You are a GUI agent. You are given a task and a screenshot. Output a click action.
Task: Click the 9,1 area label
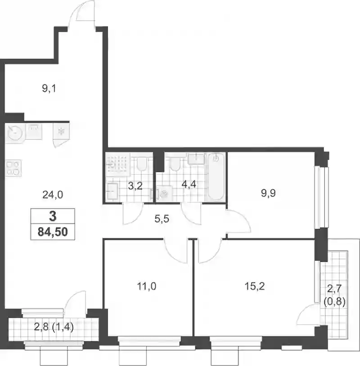[x=49, y=89]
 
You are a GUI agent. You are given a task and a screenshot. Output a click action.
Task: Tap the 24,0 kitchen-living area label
[x=53, y=195]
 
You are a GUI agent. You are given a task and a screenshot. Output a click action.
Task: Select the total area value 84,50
[x=53, y=232]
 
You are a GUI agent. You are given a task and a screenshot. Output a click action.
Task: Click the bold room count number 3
[x=53, y=216]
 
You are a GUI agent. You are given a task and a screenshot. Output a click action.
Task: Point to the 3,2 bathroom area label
[x=135, y=186]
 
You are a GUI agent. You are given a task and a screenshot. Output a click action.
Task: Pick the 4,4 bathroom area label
[x=189, y=184]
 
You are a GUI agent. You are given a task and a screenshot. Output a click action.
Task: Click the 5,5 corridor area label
[x=162, y=219]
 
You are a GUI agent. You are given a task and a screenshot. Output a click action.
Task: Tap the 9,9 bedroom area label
[x=268, y=193]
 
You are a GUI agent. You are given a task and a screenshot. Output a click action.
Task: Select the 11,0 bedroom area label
[x=147, y=286]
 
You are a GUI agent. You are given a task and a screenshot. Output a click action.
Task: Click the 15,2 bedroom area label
[x=255, y=286]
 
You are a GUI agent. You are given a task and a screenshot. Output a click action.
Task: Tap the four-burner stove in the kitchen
[x=13, y=168]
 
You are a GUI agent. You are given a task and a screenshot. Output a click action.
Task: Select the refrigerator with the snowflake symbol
[x=61, y=131]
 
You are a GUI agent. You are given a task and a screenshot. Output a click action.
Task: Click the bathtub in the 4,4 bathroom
[x=216, y=177]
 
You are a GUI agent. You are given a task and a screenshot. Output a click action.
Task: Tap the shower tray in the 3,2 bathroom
[x=118, y=165]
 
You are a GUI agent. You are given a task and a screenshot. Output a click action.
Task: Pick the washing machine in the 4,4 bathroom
[x=164, y=193]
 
